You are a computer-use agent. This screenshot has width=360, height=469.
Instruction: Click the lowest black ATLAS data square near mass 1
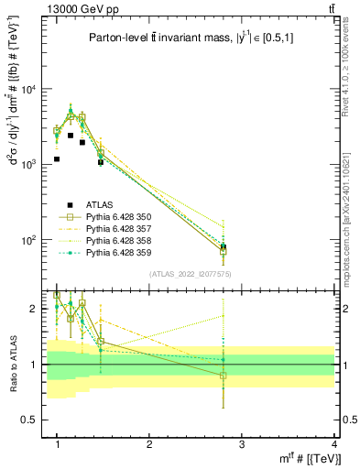[x=57, y=158]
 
